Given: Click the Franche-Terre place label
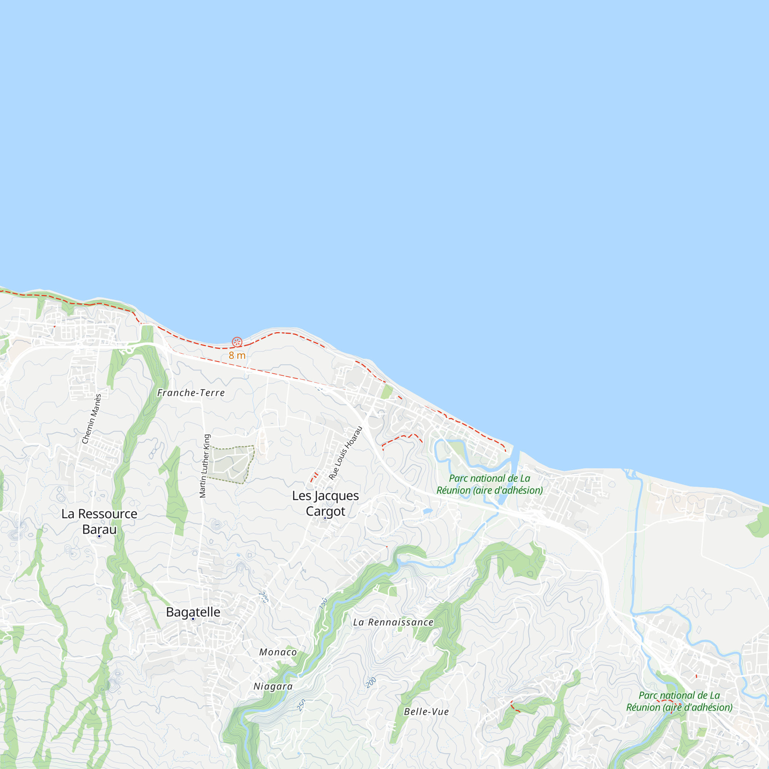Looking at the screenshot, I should tap(191, 393).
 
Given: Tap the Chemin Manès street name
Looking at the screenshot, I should tap(92, 419).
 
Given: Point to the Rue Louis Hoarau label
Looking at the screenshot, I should tap(346, 453).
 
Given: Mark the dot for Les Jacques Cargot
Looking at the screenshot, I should tap(325, 518).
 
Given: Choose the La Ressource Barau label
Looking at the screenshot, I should tap(99, 521).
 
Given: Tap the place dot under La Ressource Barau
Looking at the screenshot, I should tap(99, 536).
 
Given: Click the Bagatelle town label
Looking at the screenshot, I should tap(193, 612).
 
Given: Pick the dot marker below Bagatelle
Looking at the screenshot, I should tap(193, 619).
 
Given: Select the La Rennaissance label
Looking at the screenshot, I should tap(393, 622).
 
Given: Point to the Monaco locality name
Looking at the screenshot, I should tap(278, 652).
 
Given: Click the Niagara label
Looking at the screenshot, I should tap(273, 686).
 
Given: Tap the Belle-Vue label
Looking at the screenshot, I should tap(426, 712).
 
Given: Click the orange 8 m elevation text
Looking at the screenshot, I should tap(237, 355).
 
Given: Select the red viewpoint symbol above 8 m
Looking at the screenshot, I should tap(237, 342).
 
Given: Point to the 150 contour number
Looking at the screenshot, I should tap(323, 603).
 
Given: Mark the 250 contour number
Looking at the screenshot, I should tap(301, 705).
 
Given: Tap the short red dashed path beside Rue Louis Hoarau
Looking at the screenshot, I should tap(314, 477).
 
